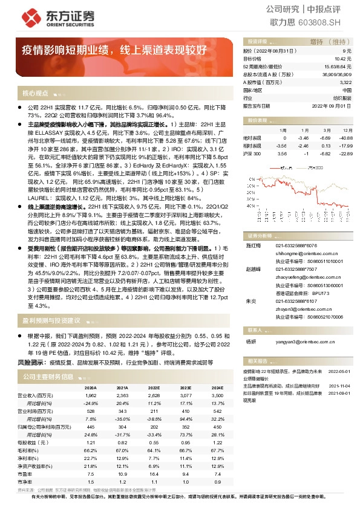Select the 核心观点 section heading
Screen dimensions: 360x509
click(35, 94)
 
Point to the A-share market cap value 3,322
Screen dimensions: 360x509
click(345, 82)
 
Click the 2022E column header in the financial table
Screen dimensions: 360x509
click(152, 389)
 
